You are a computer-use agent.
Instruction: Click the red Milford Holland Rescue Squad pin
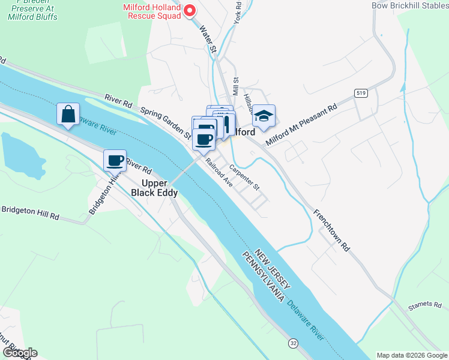[189, 10]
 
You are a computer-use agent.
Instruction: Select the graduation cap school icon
[263, 115]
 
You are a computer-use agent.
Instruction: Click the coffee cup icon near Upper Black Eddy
[115, 160]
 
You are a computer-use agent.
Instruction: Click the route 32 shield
[293, 343]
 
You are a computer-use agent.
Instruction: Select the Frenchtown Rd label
[330, 229]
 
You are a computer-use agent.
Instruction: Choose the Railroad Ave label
[218, 173]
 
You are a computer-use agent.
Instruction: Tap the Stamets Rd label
[424, 305]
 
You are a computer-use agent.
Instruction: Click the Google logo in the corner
[19, 352]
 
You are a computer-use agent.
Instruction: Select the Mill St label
[236, 88]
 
